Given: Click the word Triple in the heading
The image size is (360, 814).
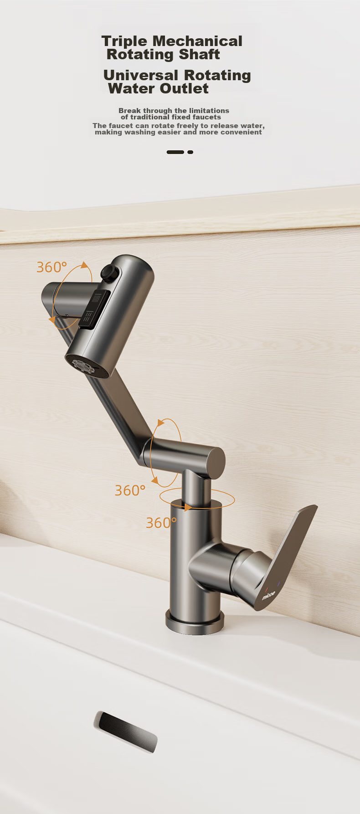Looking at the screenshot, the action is pyautogui.click(x=124, y=41).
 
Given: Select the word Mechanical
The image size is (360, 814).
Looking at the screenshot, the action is pyautogui.click(x=197, y=41).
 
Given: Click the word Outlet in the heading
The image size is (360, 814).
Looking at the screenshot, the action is pyautogui.click(x=184, y=88).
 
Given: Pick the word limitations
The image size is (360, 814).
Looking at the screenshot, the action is pyautogui.click(x=209, y=110).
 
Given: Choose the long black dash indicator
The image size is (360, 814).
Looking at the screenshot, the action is pyautogui.click(x=175, y=152).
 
